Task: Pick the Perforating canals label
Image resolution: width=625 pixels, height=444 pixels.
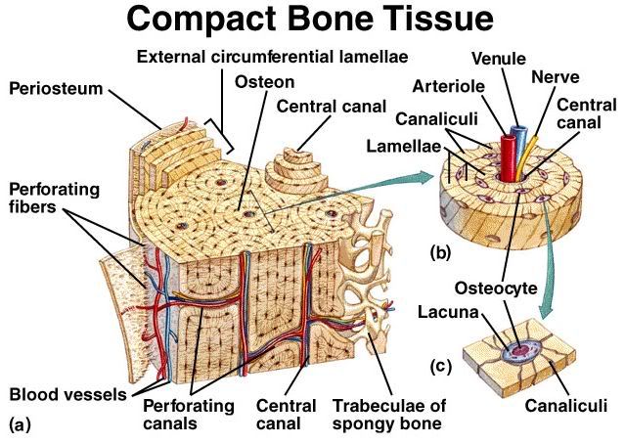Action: point(189,414)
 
